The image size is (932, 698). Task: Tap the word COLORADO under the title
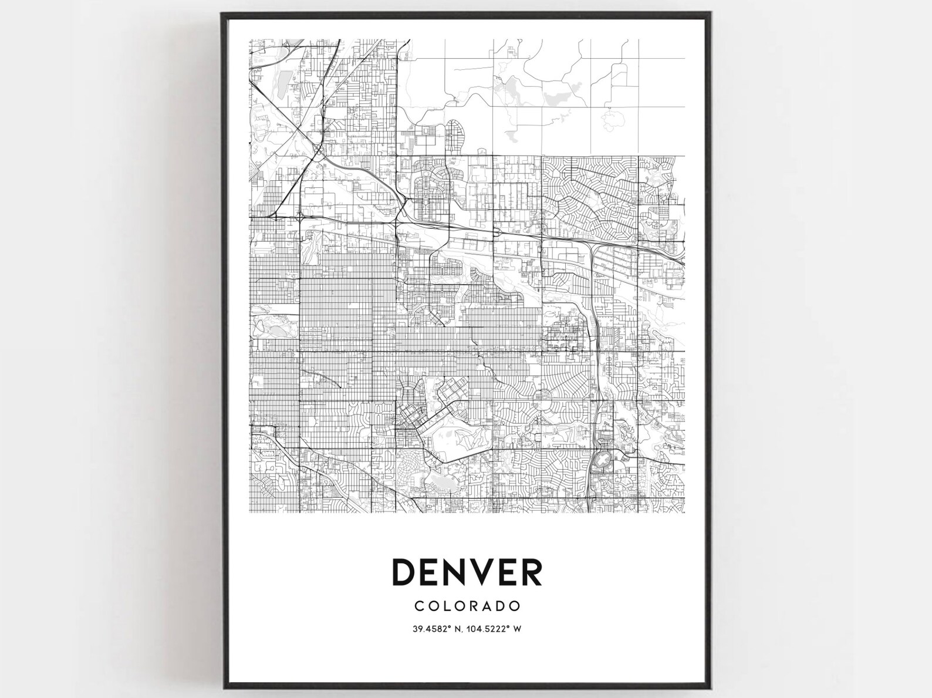click(x=467, y=605)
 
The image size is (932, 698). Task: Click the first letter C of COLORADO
click(x=418, y=605)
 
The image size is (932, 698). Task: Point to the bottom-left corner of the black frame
click(x=223, y=687)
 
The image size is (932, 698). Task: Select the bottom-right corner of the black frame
click(x=712, y=687)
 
